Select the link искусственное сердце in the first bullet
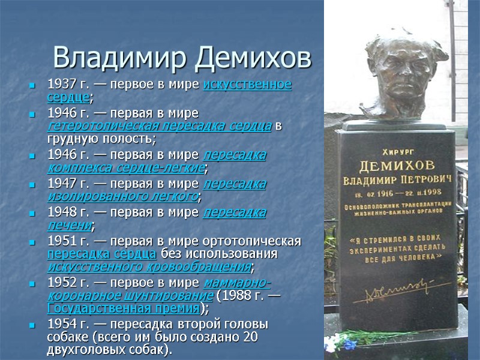[x=247, y=84]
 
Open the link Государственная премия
[x=122, y=308]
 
